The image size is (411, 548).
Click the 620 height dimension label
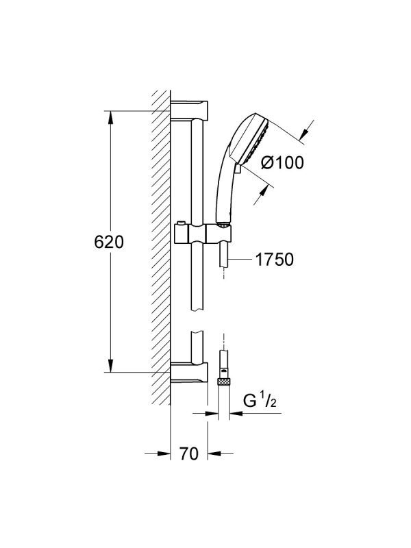(109, 242)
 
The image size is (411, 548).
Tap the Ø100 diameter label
(283, 162)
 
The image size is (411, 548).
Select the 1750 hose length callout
(275, 260)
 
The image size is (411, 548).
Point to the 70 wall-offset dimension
(189, 453)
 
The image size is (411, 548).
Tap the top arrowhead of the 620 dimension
(110, 117)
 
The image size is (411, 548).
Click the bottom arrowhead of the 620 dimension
(110, 366)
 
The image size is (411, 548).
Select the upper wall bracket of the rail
(189, 110)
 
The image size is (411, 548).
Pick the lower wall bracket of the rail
(189, 373)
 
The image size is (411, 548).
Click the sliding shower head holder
(203, 234)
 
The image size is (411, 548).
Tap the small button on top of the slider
(180, 223)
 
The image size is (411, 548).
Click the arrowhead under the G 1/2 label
(236, 414)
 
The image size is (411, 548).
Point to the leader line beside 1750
(239, 260)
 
